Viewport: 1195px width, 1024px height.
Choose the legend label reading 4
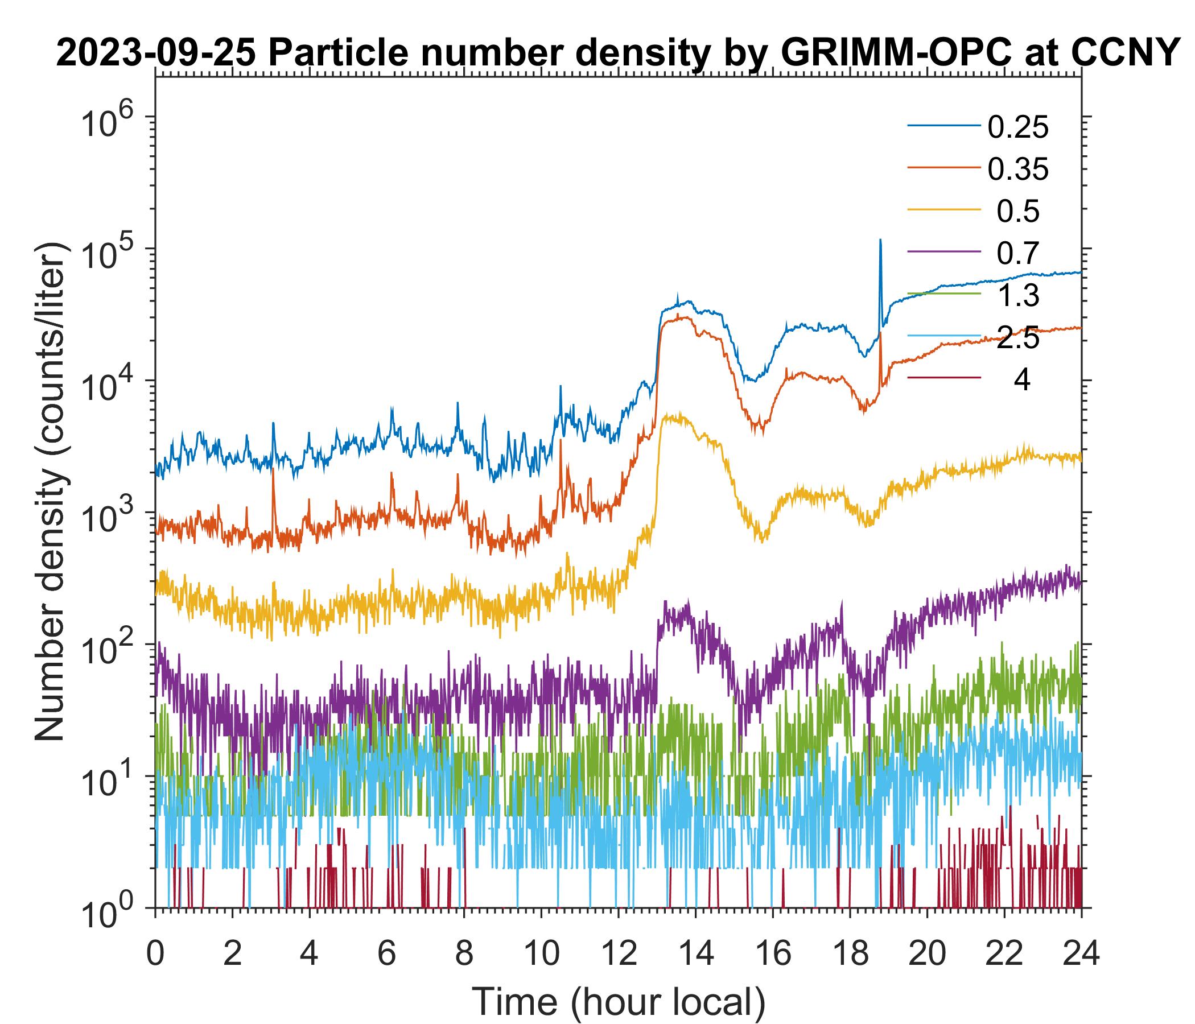click(x=1021, y=381)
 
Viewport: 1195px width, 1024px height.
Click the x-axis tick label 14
click(x=695, y=953)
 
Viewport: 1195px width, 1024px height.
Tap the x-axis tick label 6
click(x=386, y=953)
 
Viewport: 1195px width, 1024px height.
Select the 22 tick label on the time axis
click(x=1005, y=953)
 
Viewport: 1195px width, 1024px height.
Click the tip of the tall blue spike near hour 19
click(x=880, y=240)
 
